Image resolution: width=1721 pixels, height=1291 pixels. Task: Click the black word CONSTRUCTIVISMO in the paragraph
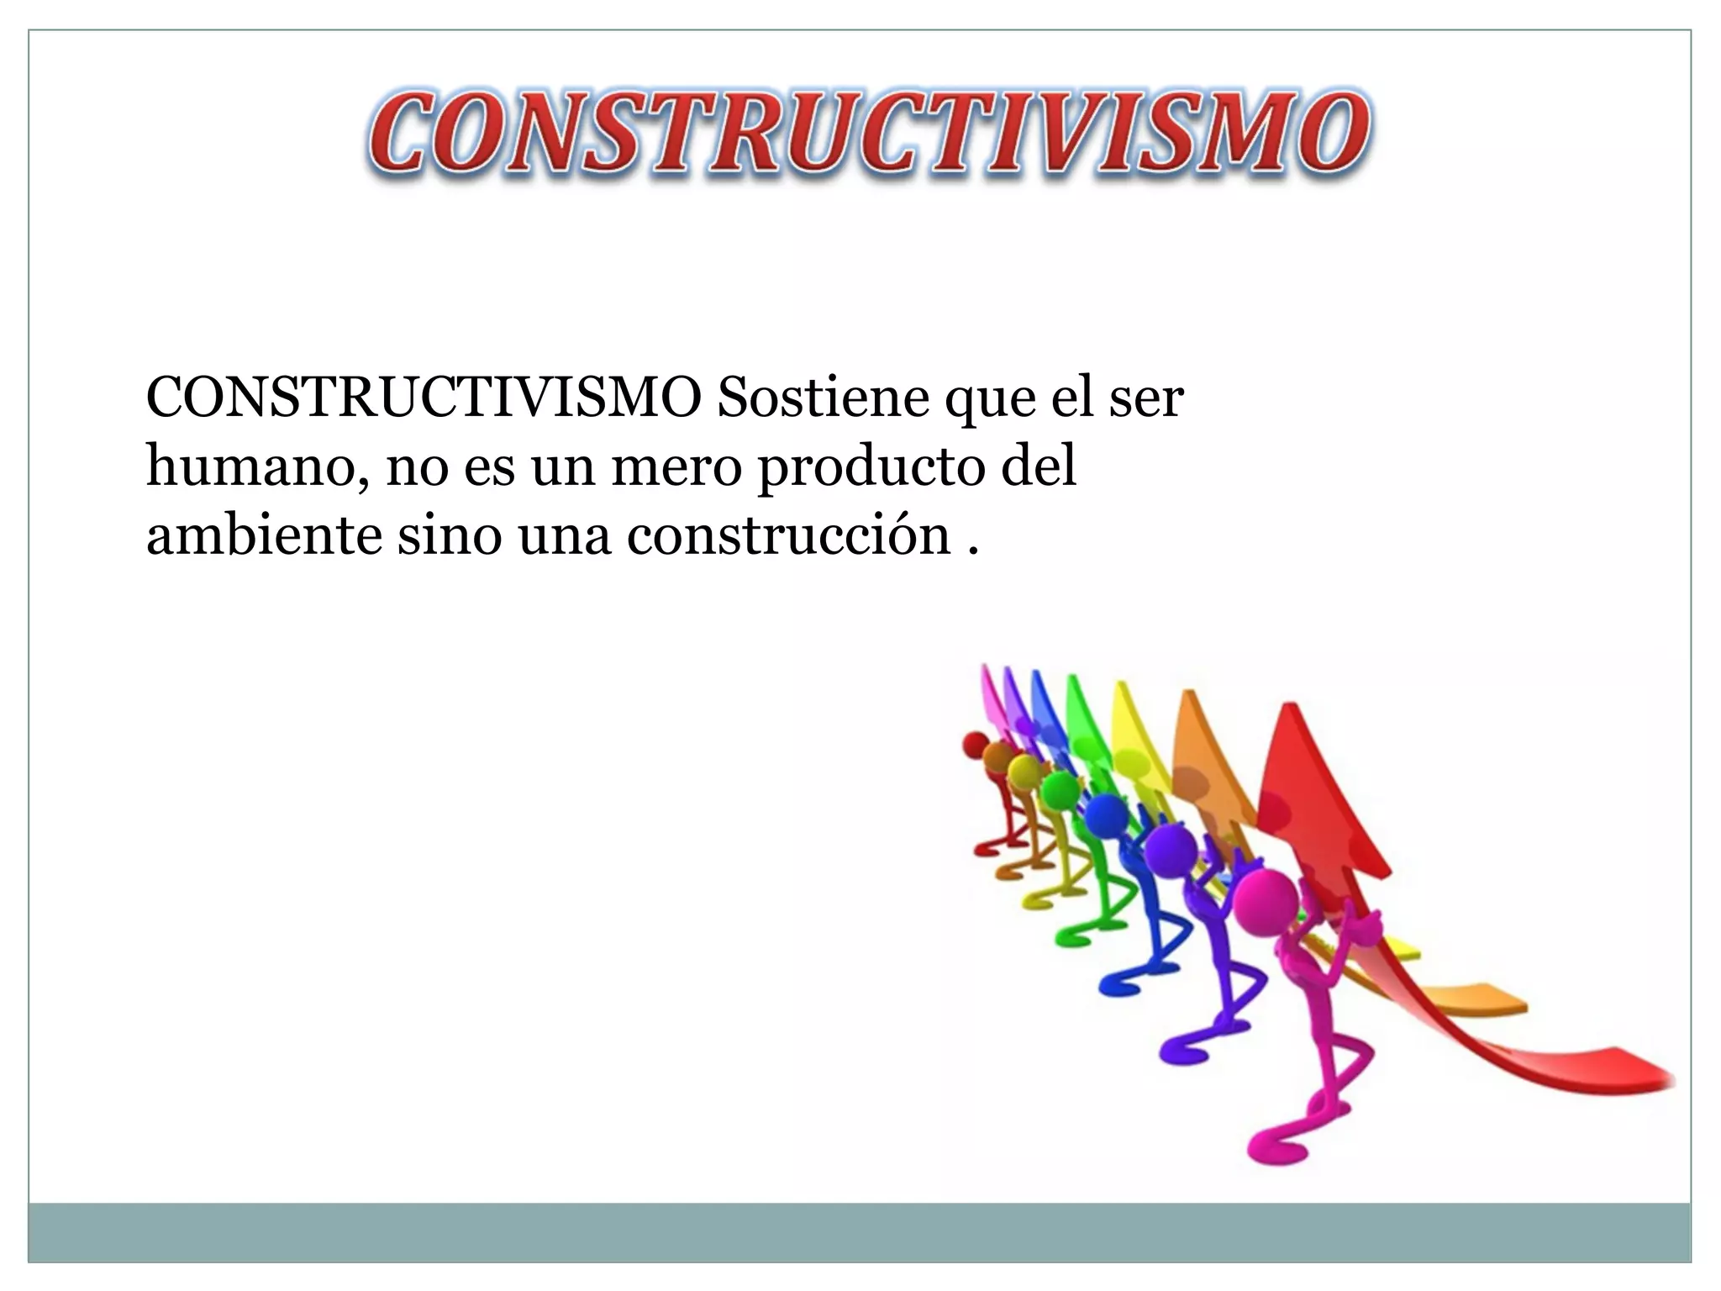[x=424, y=398]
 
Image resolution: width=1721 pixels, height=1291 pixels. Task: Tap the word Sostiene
[x=823, y=398]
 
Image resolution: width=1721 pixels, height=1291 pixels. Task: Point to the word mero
[x=676, y=467]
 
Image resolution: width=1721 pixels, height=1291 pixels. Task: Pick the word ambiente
[x=264, y=535]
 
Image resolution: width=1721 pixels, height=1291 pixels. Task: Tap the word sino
[x=448, y=535]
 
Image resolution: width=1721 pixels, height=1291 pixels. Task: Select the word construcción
[x=788, y=535]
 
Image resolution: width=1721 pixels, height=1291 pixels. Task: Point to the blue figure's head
[x=1105, y=814]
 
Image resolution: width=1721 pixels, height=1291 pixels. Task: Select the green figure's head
[x=1060, y=790]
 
